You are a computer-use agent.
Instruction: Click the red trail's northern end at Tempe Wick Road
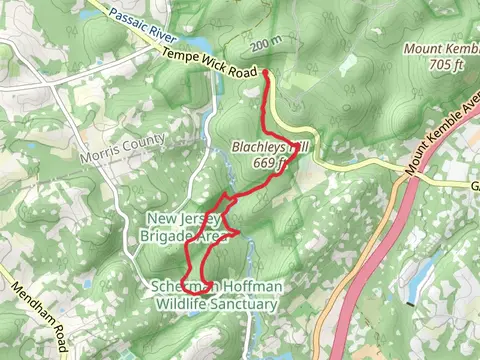tap(266, 72)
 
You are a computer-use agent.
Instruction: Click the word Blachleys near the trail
tap(258, 145)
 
